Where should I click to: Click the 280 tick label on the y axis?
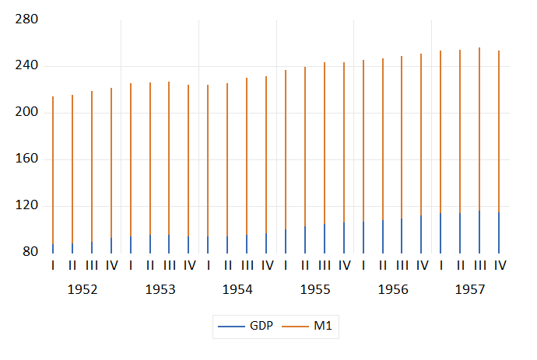(x=26, y=19)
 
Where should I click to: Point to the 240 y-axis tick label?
(x=26, y=66)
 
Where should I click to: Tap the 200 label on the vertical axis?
(x=26, y=113)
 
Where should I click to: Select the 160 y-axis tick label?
(x=26, y=159)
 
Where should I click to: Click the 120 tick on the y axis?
(x=26, y=206)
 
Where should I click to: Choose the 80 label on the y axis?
(x=30, y=253)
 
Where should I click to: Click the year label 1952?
(x=82, y=289)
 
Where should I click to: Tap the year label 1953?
(x=160, y=289)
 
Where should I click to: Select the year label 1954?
(x=237, y=289)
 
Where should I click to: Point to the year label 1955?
(x=315, y=289)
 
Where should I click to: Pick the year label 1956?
(x=393, y=289)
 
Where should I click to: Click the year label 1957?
(x=470, y=289)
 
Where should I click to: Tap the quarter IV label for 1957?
(x=500, y=266)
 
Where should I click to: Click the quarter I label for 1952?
(x=53, y=266)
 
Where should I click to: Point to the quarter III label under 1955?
(x=325, y=266)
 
